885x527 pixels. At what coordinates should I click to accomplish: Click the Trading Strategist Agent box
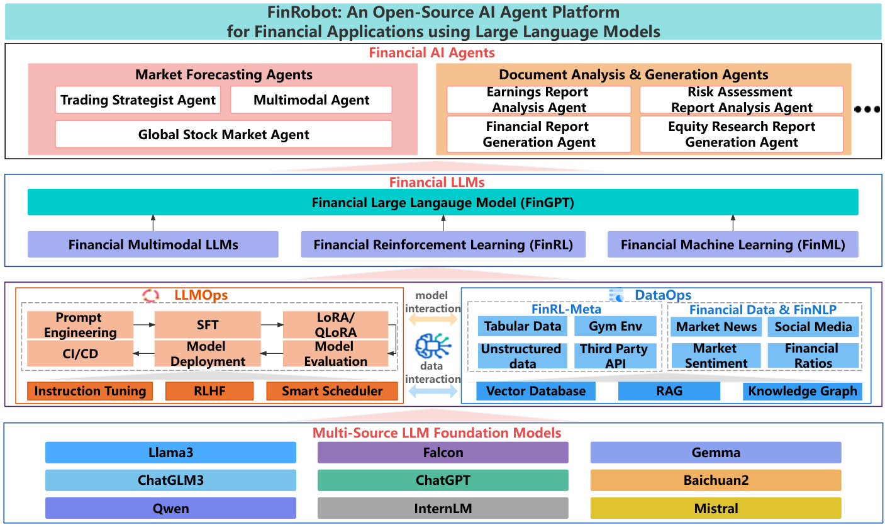tap(138, 100)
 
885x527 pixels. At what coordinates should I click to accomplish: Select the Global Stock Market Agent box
tap(223, 134)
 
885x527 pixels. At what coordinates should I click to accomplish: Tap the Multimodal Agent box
tap(311, 100)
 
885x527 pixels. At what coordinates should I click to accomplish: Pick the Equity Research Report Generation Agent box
tap(742, 134)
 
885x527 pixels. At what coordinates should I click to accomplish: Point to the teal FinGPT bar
tap(443, 203)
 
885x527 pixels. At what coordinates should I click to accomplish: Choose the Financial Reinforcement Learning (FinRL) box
tap(443, 244)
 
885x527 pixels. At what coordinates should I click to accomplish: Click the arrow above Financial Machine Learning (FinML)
tap(732, 223)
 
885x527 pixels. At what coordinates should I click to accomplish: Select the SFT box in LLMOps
tap(208, 325)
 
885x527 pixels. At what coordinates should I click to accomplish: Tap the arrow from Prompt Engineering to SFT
tap(144, 325)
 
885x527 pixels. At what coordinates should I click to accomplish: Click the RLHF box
tap(209, 391)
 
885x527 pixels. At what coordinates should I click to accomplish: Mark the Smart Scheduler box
tap(331, 391)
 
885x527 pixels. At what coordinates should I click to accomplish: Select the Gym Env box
tap(615, 326)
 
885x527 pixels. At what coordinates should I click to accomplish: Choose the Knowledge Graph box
tap(802, 391)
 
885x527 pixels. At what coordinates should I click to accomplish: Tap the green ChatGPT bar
tap(443, 480)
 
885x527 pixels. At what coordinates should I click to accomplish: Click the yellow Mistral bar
tap(716, 508)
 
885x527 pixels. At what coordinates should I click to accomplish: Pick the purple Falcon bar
tap(443, 453)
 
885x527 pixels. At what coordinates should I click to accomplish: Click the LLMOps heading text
tap(201, 295)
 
